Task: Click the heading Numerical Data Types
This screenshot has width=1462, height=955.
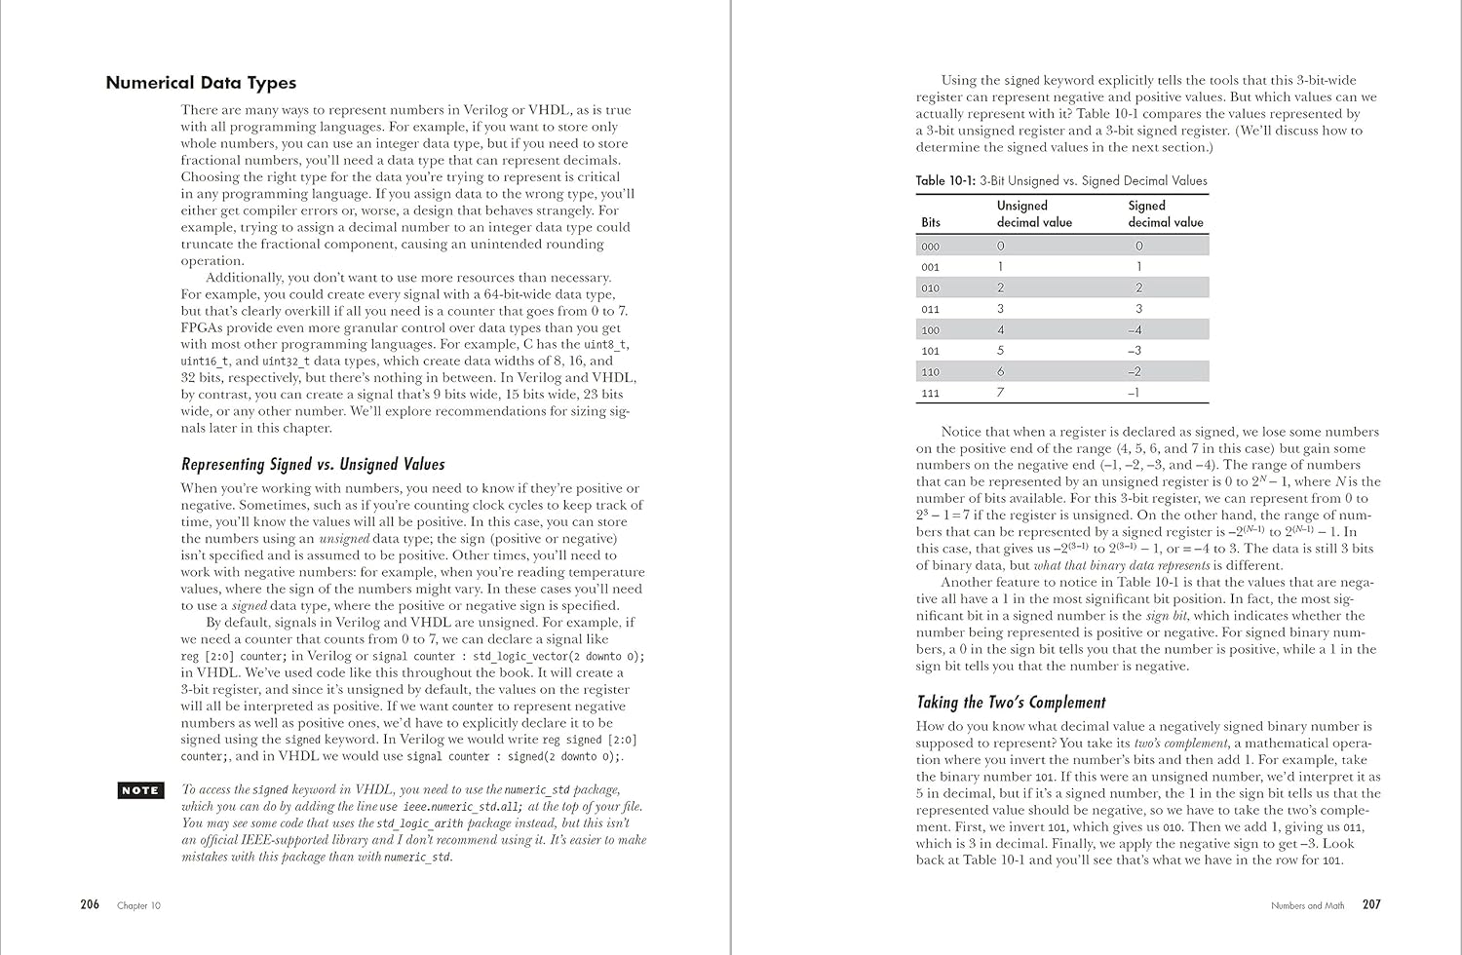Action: click(201, 83)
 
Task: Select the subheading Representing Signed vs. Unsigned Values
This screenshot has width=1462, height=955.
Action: click(313, 465)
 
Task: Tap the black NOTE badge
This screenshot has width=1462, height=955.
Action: click(139, 790)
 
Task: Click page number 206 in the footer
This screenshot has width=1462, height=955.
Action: click(90, 904)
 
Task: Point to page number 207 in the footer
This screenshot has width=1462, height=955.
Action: click(1371, 904)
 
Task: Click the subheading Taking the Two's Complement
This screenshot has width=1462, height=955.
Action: click(1011, 703)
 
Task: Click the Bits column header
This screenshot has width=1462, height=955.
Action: click(931, 222)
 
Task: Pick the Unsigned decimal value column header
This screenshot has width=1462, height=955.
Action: click(1034, 214)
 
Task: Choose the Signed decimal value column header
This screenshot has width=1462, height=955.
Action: click(1166, 214)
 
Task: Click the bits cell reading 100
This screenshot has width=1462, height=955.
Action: click(931, 330)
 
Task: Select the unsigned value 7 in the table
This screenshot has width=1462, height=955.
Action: click(1001, 393)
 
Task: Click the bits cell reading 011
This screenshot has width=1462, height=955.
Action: click(931, 309)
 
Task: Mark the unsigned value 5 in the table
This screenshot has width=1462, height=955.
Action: click(1001, 351)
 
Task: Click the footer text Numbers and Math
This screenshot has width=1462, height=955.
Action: click(1307, 905)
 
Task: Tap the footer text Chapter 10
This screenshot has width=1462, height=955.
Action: click(139, 905)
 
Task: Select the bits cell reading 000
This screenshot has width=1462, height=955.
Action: click(931, 247)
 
